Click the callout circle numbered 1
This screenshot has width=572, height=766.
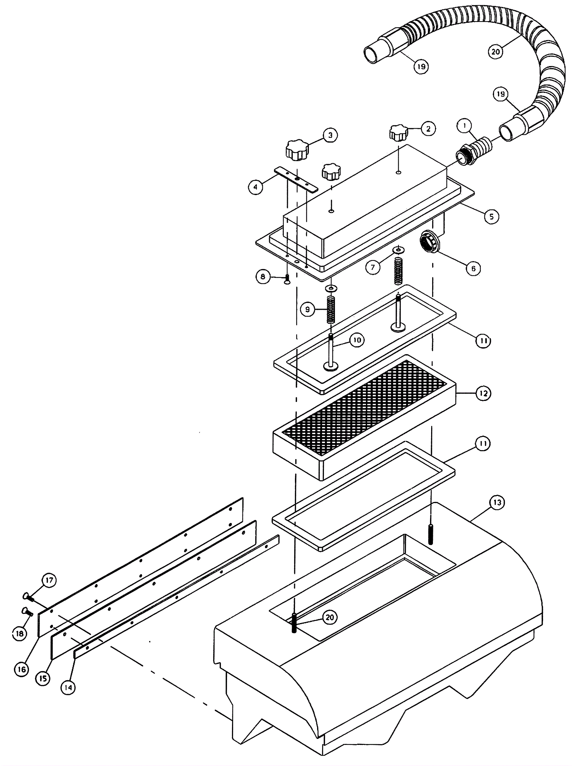464,126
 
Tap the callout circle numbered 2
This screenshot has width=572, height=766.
428,129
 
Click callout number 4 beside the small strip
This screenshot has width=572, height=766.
256,187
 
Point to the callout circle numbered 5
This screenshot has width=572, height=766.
492,216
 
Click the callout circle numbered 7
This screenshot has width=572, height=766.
373,267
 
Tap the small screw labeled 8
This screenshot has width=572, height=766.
287,279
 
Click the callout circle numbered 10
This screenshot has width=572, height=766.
357,340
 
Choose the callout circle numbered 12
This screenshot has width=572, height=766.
483,393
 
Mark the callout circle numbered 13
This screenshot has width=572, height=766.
497,503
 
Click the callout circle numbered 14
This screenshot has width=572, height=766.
68,687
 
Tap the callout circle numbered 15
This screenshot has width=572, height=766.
43,678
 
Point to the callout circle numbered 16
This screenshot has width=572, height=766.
21,670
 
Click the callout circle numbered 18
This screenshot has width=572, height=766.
20,633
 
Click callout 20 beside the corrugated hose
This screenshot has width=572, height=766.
495,52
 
